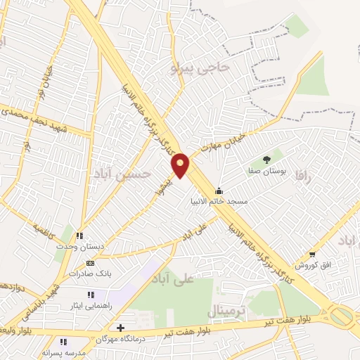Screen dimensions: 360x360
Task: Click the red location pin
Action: [181, 165]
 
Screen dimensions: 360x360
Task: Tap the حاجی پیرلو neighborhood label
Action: [200, 68]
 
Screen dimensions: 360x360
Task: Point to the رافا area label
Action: [303, 174]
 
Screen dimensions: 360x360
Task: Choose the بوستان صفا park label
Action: [264, 169]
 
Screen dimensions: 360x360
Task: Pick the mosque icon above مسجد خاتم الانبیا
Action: [220, 191]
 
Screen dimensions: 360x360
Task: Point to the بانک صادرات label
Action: [90, 273]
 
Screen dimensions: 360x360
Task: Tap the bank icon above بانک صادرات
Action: [89, 263]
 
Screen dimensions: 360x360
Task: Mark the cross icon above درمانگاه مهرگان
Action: [121, 328]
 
